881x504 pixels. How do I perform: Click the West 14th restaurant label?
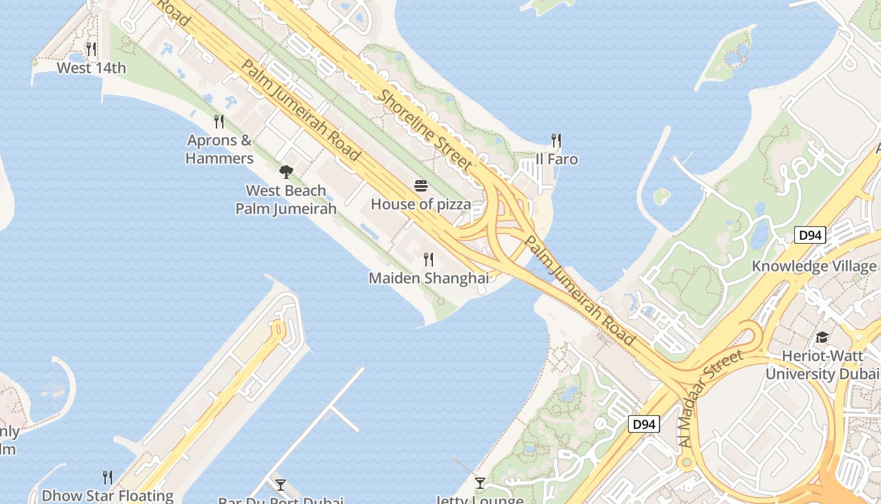(x=91, y=67)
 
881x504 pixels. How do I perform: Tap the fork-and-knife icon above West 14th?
(x=91, y=49)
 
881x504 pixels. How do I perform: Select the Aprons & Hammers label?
(x=220, y=149)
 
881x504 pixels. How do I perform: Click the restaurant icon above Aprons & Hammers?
(x=219, y=121)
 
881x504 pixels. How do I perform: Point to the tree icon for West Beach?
(x=286, y=171)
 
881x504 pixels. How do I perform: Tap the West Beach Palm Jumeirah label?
(x=286, y=199)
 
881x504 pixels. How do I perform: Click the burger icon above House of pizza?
(x=420, y=186)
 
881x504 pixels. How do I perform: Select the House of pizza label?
(x=420, y=204)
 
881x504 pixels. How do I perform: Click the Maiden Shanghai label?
(x=429, y=278)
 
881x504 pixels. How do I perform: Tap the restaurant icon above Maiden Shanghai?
(x=429, y=259)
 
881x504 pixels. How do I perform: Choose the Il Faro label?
(x=556, y=159)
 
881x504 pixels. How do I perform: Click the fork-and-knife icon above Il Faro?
(x=556, y=140)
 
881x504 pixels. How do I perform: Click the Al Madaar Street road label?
(x=712, y=399)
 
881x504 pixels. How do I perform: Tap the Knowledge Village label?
(x=814, y=266)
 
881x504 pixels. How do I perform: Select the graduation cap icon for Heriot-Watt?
(x=821, y=338)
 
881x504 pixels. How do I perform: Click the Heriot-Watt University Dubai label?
(x=822, y=365)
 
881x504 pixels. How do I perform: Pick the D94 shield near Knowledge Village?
(x=809, y=236)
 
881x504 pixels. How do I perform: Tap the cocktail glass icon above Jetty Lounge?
(x=480, y=483)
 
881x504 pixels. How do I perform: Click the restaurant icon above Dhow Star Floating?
(x=108, y=477)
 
